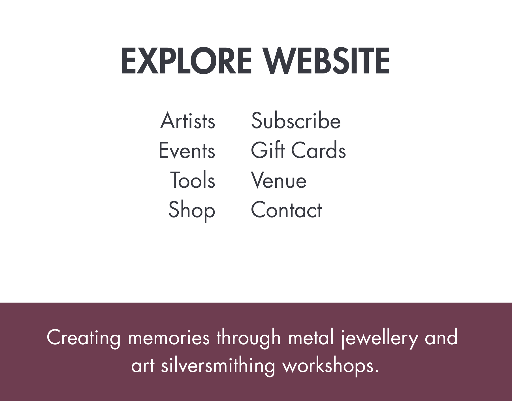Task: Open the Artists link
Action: pyautogui.click(x=188, y=121)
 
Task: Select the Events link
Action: pyautogui.click(x=187, y=150)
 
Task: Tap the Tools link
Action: pyautogui.click(x=193, y=180)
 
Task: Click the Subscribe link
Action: pyautogui.click(x=296, y=120)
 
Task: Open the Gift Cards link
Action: pyautogui.click(x=298, y=150)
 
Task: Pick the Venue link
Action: pyautogui.click(x=279, y=180)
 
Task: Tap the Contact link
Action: pyautogui.click(x=287, y=210)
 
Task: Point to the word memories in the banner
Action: pyautogui.click(x=169, y=337)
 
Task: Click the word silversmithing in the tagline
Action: pyautogui.click(x=218, y=366)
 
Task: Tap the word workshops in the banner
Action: pyautogui.click(x=330, y=366)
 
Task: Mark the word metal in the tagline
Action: pyautogui.click(x=311, y=337)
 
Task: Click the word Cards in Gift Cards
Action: pyautogui.click(x=319, y=150)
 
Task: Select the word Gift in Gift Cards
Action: pyautogui.click(x=268, y=150)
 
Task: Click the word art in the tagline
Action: pyautogui.click(x=143, y=366)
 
